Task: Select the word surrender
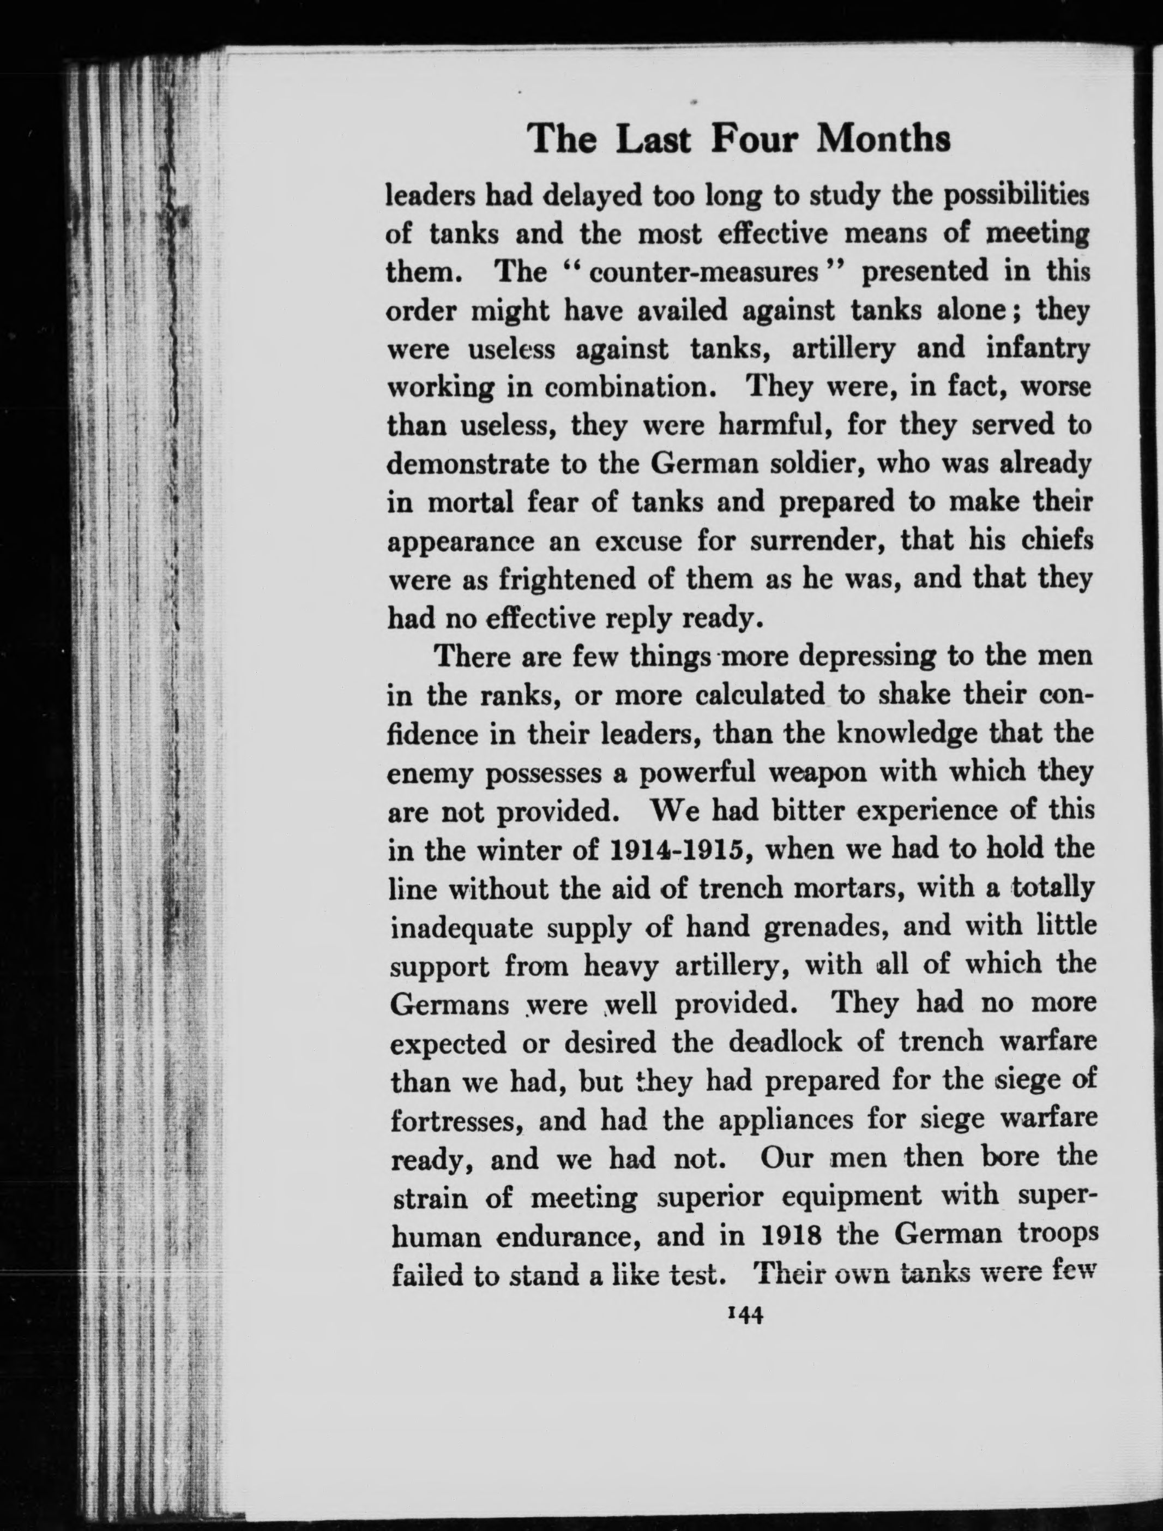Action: pos(811,541)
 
